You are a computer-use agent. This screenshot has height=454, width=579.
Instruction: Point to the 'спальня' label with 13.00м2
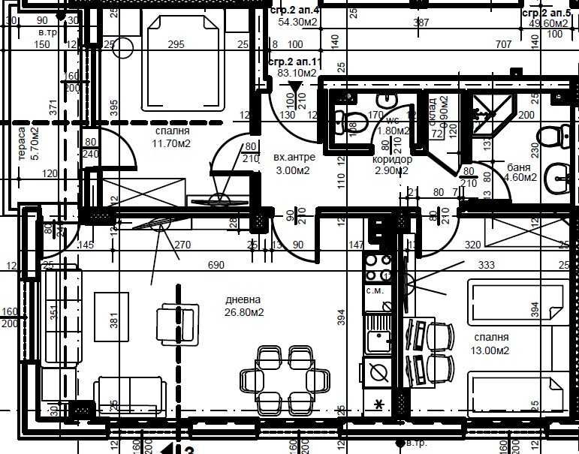click(491, 338)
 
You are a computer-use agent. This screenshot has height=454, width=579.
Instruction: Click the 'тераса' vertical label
click(23, 146)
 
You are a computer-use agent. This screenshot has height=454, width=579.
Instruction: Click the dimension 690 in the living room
click(216, 265)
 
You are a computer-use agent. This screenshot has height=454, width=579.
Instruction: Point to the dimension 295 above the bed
click(176, 45)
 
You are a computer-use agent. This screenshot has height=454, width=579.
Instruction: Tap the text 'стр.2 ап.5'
click(550, 14)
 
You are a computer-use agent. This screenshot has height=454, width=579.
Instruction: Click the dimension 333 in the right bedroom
click(486, 265)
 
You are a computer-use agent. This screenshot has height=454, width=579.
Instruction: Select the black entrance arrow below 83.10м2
click(294, 88)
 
